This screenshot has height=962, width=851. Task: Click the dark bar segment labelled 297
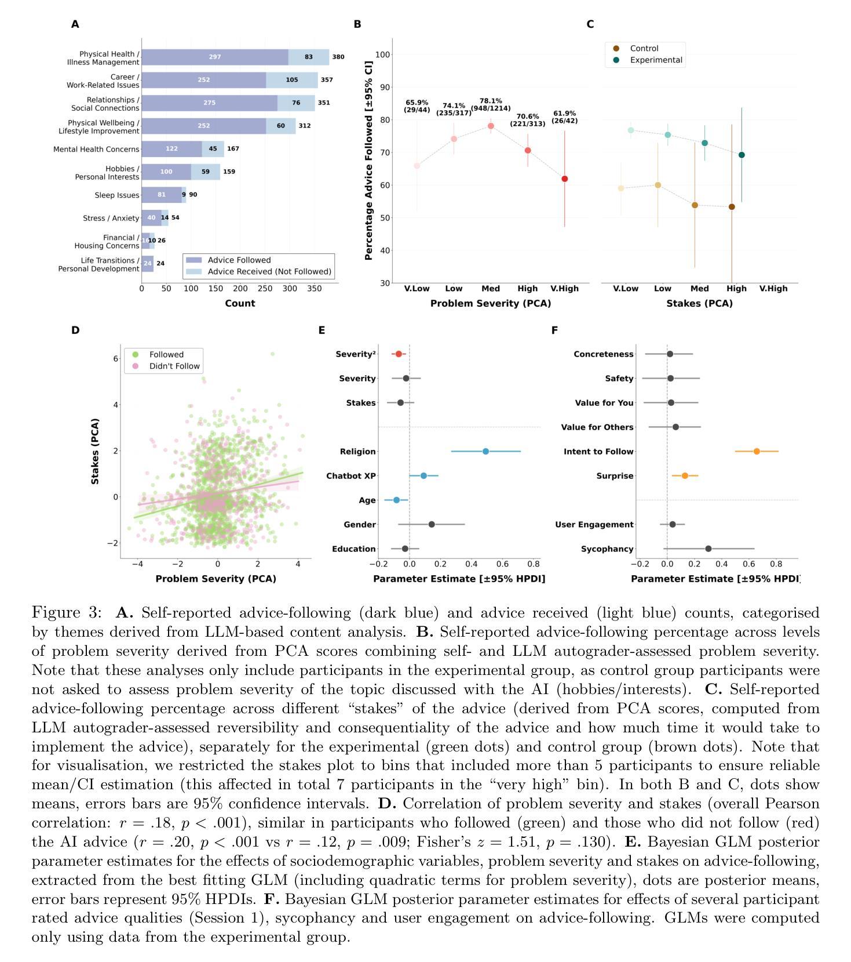pos(215,57)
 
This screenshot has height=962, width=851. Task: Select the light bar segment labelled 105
pos(292,80)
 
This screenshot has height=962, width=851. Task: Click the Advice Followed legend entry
pos(239,260)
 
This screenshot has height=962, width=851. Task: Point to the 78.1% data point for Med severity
pos(491,126)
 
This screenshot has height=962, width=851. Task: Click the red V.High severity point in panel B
pos(564,179)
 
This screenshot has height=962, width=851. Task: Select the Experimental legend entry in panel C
pos(655,60)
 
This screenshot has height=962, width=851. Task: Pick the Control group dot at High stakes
pos(732,207)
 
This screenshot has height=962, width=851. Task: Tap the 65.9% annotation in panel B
pos(417,106)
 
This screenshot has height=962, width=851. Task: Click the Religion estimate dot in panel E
pos(485,452)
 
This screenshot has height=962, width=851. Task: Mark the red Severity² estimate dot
pos(399,354)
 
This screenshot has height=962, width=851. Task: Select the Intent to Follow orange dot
pos(757,452)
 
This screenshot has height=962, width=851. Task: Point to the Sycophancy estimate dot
pos(708,549)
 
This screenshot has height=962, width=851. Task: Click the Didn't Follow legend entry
pos(174,366)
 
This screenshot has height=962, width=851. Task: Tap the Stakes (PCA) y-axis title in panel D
pos(95,451)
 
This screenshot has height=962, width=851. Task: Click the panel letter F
pos(554,330)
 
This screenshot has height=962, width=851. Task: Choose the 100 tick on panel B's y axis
pos(382,55)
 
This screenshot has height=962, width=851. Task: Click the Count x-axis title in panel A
pos(240,303)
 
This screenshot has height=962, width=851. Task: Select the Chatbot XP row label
pos(351,476)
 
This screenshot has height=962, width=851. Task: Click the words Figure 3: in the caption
pos(67,613)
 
